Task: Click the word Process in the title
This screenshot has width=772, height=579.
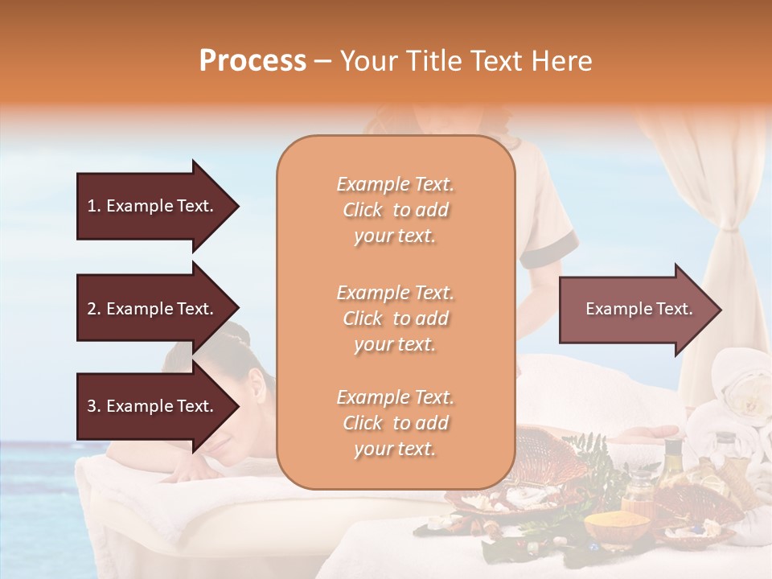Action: [253, 60]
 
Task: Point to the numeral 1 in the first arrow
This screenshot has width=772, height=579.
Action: [92, 206]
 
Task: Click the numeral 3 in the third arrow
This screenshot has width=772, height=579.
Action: [92, 406]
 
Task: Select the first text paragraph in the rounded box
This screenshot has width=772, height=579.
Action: [395, 210]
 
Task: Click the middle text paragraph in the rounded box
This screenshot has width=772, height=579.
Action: [395, 318]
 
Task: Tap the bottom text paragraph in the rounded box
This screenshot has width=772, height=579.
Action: [395, 423]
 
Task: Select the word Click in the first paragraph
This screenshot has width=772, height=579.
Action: [363, 210]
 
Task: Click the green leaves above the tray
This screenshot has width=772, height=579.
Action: [587, 450]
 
